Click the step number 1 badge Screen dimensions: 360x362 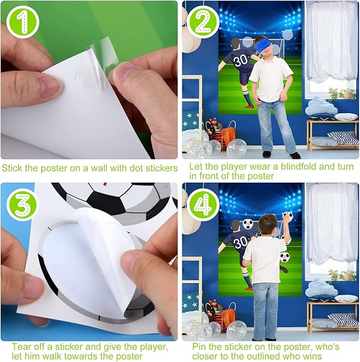[23, 22]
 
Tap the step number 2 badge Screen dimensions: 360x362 [203, 22]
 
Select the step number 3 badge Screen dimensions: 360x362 [23, 205]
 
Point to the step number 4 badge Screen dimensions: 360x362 [203, 205]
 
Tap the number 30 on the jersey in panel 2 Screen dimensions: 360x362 [241, 61]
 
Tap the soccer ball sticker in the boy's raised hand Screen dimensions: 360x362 [288, 216]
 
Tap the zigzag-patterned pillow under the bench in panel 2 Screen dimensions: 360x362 [343, 138]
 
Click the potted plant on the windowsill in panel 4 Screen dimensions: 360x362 [333, 274]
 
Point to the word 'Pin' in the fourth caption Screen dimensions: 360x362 [200, 347]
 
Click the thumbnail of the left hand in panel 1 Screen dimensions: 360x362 [51, 85]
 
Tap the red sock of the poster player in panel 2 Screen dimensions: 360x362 [249, 107]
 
